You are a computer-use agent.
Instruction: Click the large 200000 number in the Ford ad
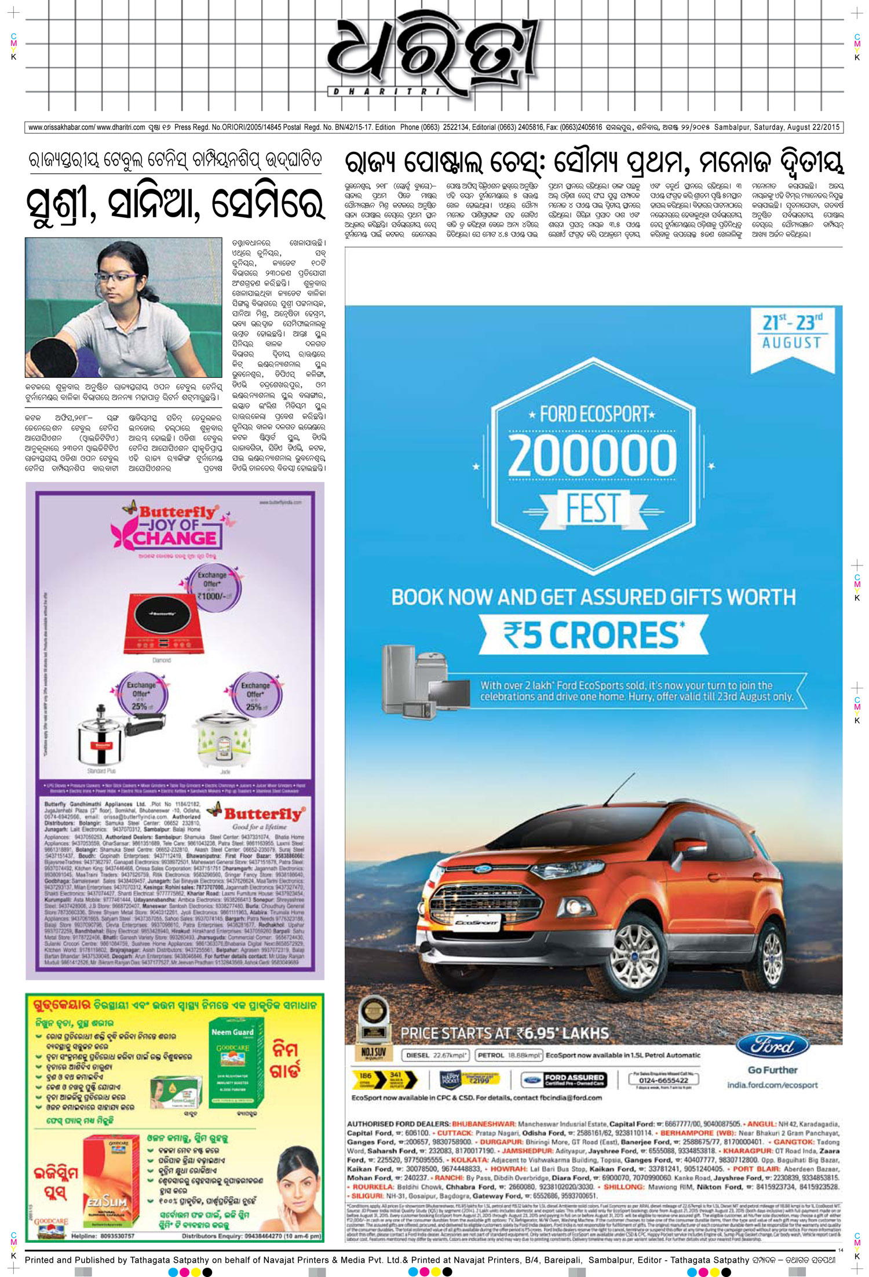point(592,455)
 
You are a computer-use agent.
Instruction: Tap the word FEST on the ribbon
point(592,508)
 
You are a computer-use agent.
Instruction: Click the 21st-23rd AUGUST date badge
point(791,332)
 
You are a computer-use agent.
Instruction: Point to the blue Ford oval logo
point(772,1046)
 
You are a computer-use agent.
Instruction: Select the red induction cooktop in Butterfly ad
point(166,623)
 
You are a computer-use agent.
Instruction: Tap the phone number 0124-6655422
point(663,1080)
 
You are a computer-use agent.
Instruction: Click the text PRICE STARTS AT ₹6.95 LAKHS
point(504,1033)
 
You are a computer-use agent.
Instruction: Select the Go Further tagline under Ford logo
point(772,1070)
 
